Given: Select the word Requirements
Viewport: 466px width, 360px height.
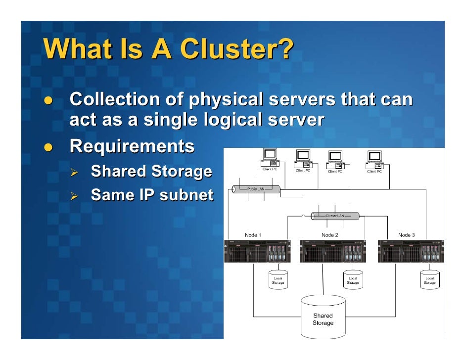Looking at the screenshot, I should coord(132,146).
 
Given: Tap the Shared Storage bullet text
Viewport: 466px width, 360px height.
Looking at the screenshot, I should coord(151,172).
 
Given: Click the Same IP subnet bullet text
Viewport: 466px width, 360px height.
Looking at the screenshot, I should coord(152,195).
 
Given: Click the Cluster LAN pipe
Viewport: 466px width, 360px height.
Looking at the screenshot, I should coord(335,216).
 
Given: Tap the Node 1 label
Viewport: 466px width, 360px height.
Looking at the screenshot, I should coord(253,234).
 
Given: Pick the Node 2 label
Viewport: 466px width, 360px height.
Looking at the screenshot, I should coord(330,234).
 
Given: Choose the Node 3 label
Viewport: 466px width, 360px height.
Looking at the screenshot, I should coord(407,234).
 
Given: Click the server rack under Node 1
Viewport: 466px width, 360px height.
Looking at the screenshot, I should coord(257,251).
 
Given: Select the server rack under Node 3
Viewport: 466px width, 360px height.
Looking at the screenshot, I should coord(411,251).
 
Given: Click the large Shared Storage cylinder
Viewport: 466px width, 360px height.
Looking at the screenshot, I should coord(323,317).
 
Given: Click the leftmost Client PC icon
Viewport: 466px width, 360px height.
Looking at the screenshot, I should coord(270,157).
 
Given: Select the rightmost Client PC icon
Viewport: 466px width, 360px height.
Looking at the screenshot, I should coord(374,159).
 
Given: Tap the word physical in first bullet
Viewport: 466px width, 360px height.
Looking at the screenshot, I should coord(226,100).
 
